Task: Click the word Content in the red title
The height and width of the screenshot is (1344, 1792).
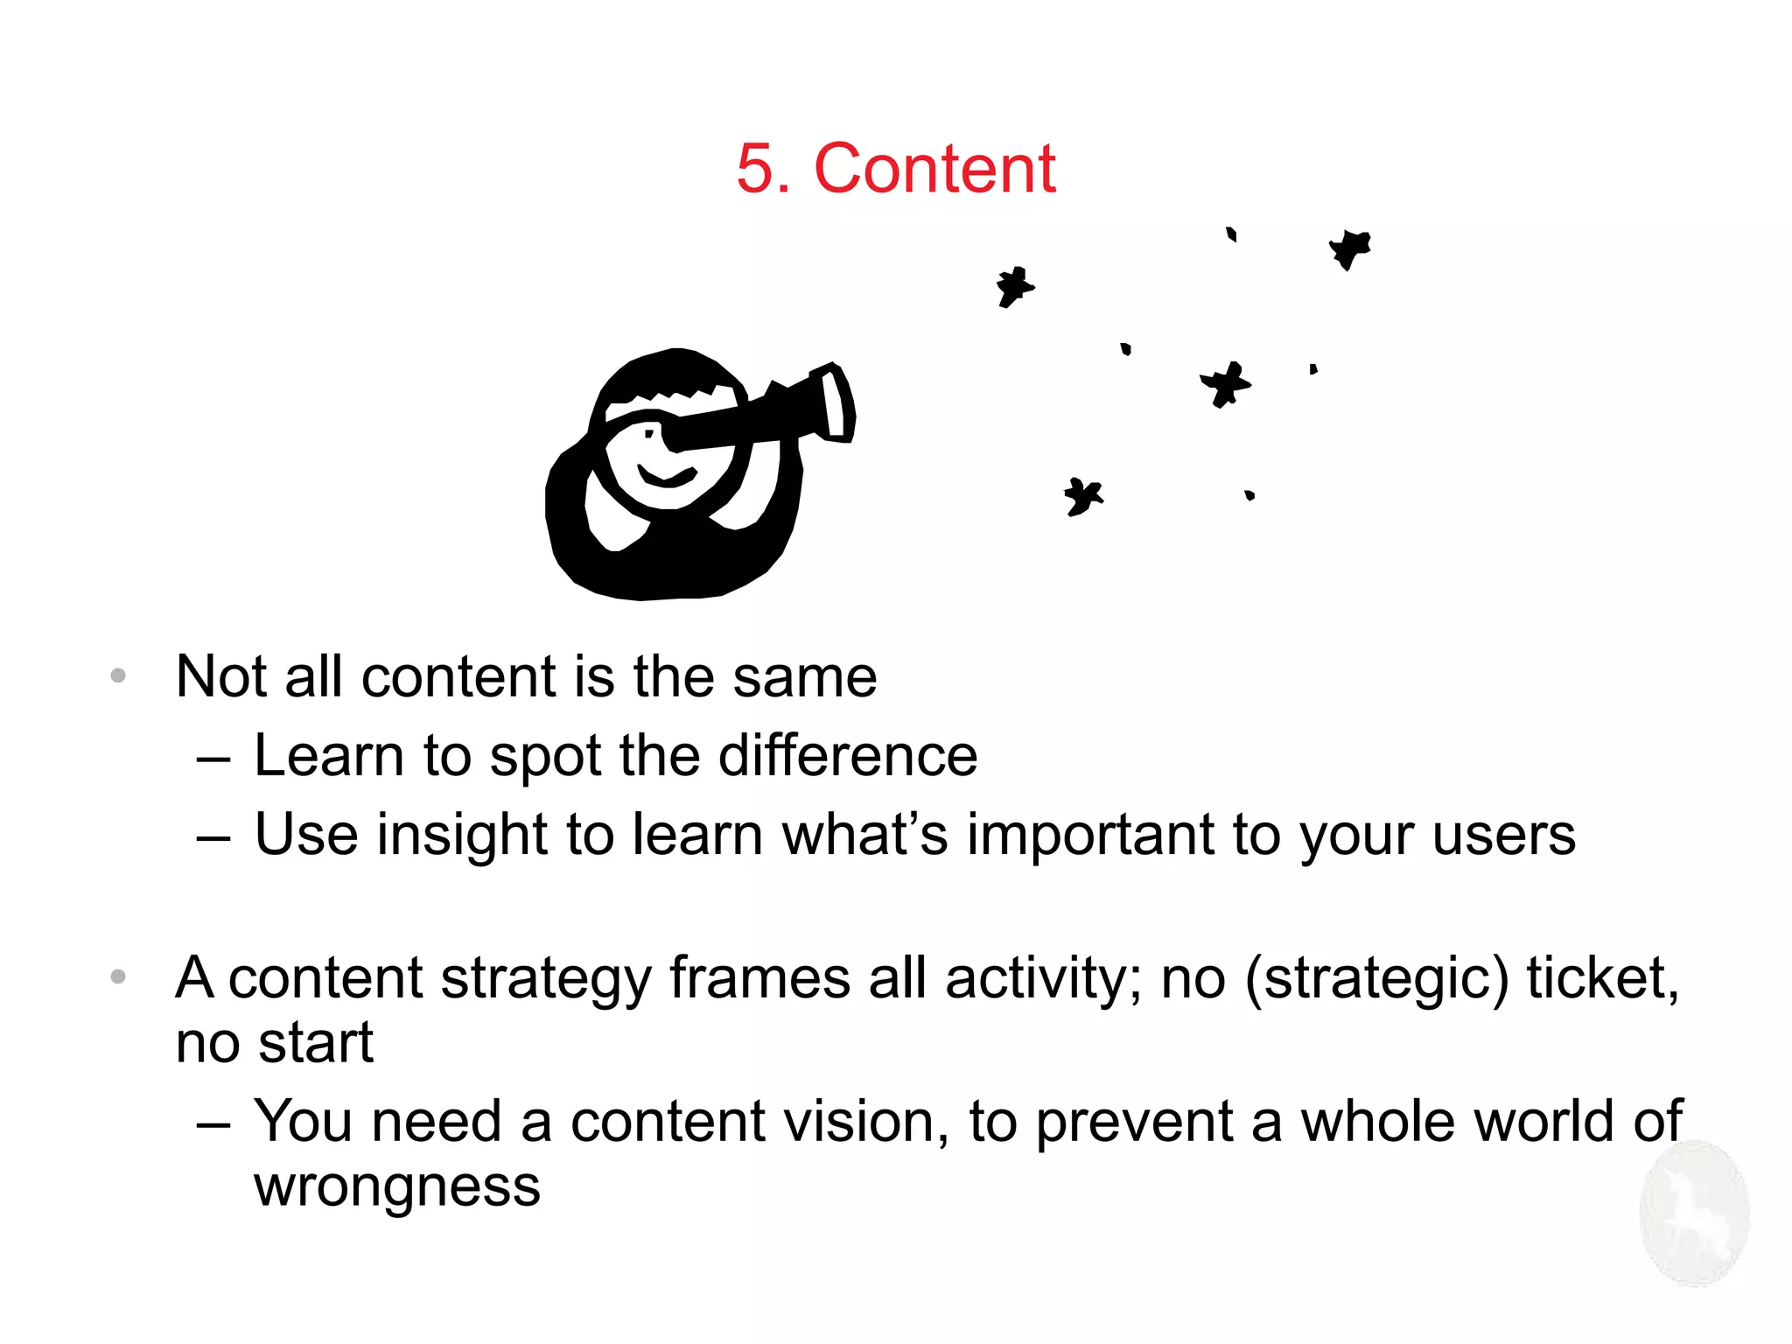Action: tap(934, 168)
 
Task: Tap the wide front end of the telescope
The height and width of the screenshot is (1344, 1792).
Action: tap(836, 403)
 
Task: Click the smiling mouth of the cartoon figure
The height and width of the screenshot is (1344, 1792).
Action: tap(667, 476)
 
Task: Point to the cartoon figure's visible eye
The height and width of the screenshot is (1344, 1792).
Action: tap(649, 433)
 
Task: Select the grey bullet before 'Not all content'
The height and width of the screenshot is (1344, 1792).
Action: tap(119, 675)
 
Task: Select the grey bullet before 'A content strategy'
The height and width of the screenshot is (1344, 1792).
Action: tap(119, 976)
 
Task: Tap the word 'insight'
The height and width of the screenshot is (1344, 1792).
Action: tap(461, 835)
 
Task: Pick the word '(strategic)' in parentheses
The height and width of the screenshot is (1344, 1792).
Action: tap(1377, 978)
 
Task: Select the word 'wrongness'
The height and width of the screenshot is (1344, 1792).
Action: tap(397, 1187)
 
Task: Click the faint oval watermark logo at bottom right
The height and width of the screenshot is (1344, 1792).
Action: tap(1694, 1213)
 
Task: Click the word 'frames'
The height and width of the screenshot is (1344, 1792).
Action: tap(759, 978)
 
